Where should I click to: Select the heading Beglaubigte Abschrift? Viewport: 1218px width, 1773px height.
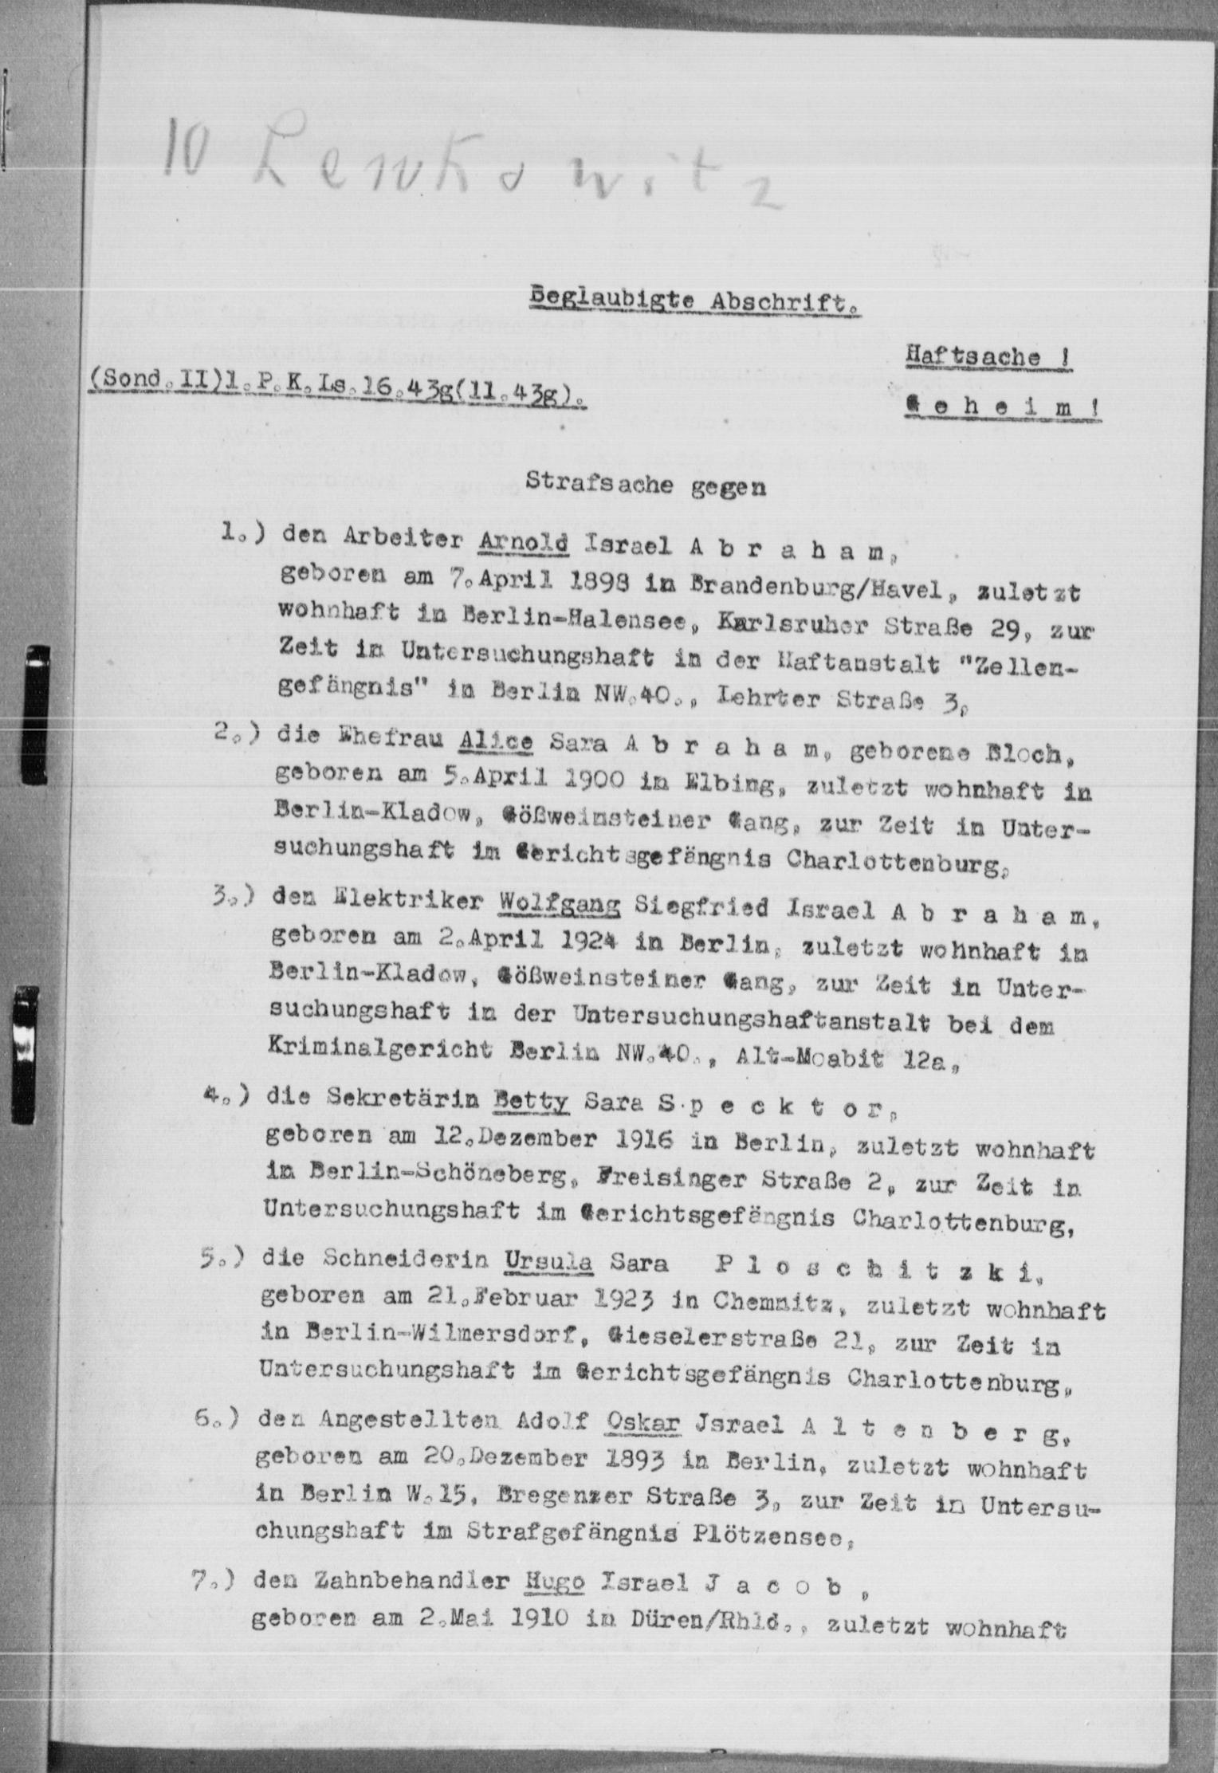[x=693, y=301]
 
